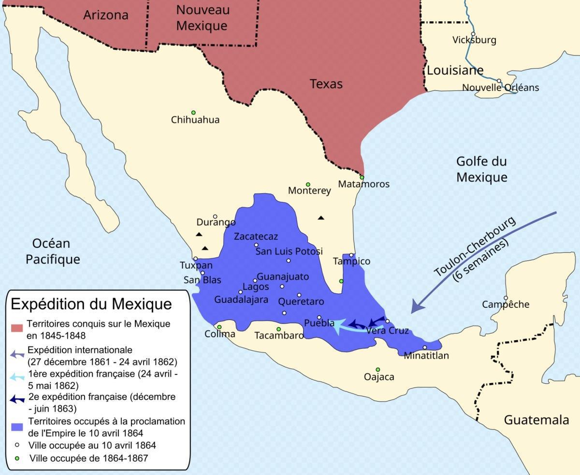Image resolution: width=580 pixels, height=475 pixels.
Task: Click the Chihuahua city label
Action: point(195,120)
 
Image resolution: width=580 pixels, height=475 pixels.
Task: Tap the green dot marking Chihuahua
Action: point(193,112)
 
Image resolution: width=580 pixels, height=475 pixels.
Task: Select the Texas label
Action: point(326,84)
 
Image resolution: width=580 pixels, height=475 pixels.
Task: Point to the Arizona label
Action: point(106,15)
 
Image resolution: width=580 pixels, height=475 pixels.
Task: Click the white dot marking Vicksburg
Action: point(473,34)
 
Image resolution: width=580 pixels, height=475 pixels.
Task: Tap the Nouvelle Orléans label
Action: point(500,88)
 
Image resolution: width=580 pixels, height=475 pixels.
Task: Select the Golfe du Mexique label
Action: point(481,170)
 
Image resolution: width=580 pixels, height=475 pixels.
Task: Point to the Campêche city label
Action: point(506,304)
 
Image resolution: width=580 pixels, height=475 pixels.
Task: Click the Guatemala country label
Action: point(536,420)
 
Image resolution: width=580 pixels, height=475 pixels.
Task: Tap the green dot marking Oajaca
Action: point(378,370)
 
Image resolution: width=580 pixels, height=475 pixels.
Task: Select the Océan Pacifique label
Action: point(53,251)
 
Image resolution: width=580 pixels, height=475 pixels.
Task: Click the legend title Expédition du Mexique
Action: point(91,304)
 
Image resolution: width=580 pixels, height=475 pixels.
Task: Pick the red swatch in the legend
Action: point(17,329)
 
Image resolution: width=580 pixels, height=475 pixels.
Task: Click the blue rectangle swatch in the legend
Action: point(17,427)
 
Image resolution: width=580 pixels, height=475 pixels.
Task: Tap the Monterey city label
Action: point(309,191)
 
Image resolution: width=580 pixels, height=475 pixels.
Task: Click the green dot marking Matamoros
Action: point(362,177)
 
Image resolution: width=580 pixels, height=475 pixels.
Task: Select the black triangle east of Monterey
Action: point(321,218)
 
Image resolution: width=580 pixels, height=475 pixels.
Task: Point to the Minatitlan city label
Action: point(426,356)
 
